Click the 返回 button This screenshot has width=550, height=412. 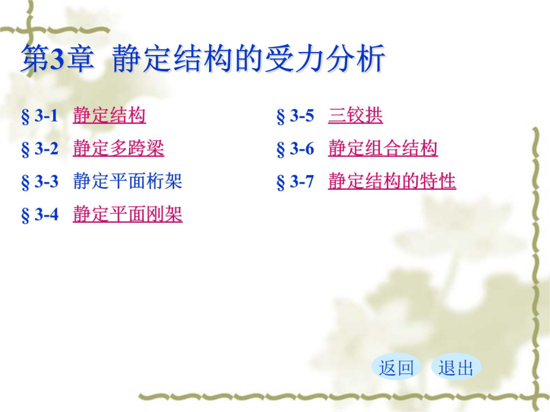click(x=397, y=367)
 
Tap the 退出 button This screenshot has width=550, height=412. click(x=456, y=367)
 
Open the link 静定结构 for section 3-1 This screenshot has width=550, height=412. click(x=109, y=115)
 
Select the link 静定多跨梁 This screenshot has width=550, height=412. click(x=118, y=148)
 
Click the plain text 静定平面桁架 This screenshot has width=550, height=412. click(x=127, y=181)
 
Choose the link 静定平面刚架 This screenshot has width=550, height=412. click(x=127, y=214)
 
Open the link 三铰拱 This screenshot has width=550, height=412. click(x=355, y=115)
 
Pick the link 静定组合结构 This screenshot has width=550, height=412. click(x=383, y=148)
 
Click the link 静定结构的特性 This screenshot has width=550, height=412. click(x=392, y=181)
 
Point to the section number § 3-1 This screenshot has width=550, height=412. click(x=40, y=116)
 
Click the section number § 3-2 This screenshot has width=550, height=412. click(x=40, y=149)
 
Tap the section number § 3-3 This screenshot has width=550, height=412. click(x=40, y=182)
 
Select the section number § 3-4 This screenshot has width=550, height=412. click(x=40, y=215)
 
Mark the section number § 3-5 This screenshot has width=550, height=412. click(x=295, y=116)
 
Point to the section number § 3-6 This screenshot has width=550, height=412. click(x=295, y=149)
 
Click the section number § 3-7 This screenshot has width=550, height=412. click(x=295, y=182)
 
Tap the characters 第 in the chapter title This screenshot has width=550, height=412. click(x=35, y=59)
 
